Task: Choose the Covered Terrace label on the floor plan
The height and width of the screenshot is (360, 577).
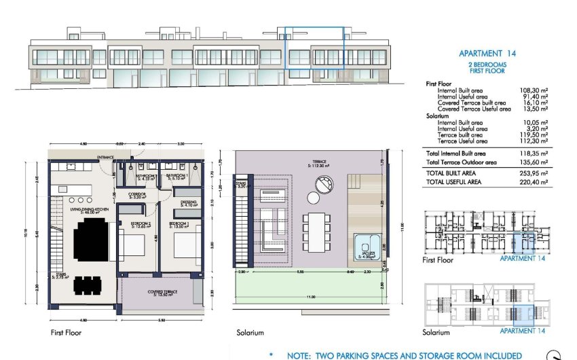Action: (163, 293)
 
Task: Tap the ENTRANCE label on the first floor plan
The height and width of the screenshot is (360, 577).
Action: (105, 158)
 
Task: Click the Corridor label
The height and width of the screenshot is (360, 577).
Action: (138, 194)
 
